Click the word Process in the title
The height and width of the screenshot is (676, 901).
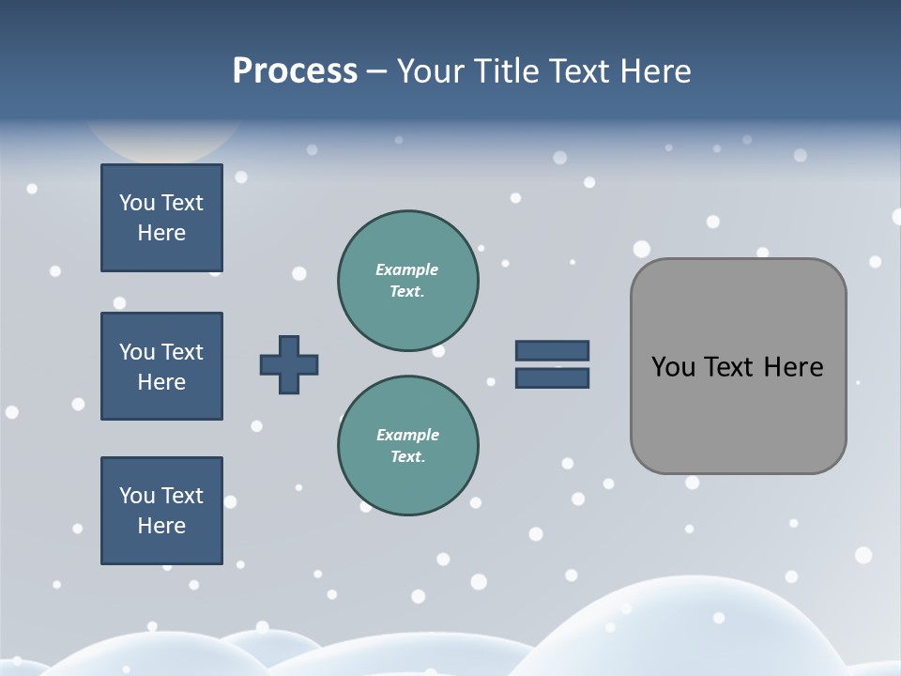pyautogui.click(x=295, y=71)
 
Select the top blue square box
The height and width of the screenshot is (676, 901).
pyautogui.click(x=161, y=218)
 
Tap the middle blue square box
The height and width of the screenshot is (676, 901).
pyautogui.click(x=161, y=366)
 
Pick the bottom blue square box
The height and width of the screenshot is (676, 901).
pyautogui.click(x=161, y=511)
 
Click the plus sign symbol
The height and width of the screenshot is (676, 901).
pyautogui.click(x=289, y=364)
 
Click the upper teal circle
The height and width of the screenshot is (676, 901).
pyautogui.click(x=407, y=281)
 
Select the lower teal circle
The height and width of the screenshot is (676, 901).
pyautogui.click(x=407, y=446)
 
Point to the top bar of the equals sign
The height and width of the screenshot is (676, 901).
pyautogui.click(x=552, y=350)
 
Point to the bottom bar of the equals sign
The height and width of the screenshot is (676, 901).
pyautogui.click(x=552, y=378)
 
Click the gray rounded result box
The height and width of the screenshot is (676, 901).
pyautogui.click(x=738, y=366)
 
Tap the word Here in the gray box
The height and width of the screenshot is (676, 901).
pyautogui.click(x=793, y=367)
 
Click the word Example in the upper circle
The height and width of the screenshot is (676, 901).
pyautogui.click(x=406, y=269)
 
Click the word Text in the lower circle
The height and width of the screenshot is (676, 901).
pyautogui.click(x=406, y=457)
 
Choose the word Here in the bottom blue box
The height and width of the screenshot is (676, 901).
pyautogui.click(x=161, y=526)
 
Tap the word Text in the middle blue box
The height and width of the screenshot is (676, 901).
pyautogui.click(x=181, y=352)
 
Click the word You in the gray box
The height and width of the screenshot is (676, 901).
pyautogui.click(x=673, y=367)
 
